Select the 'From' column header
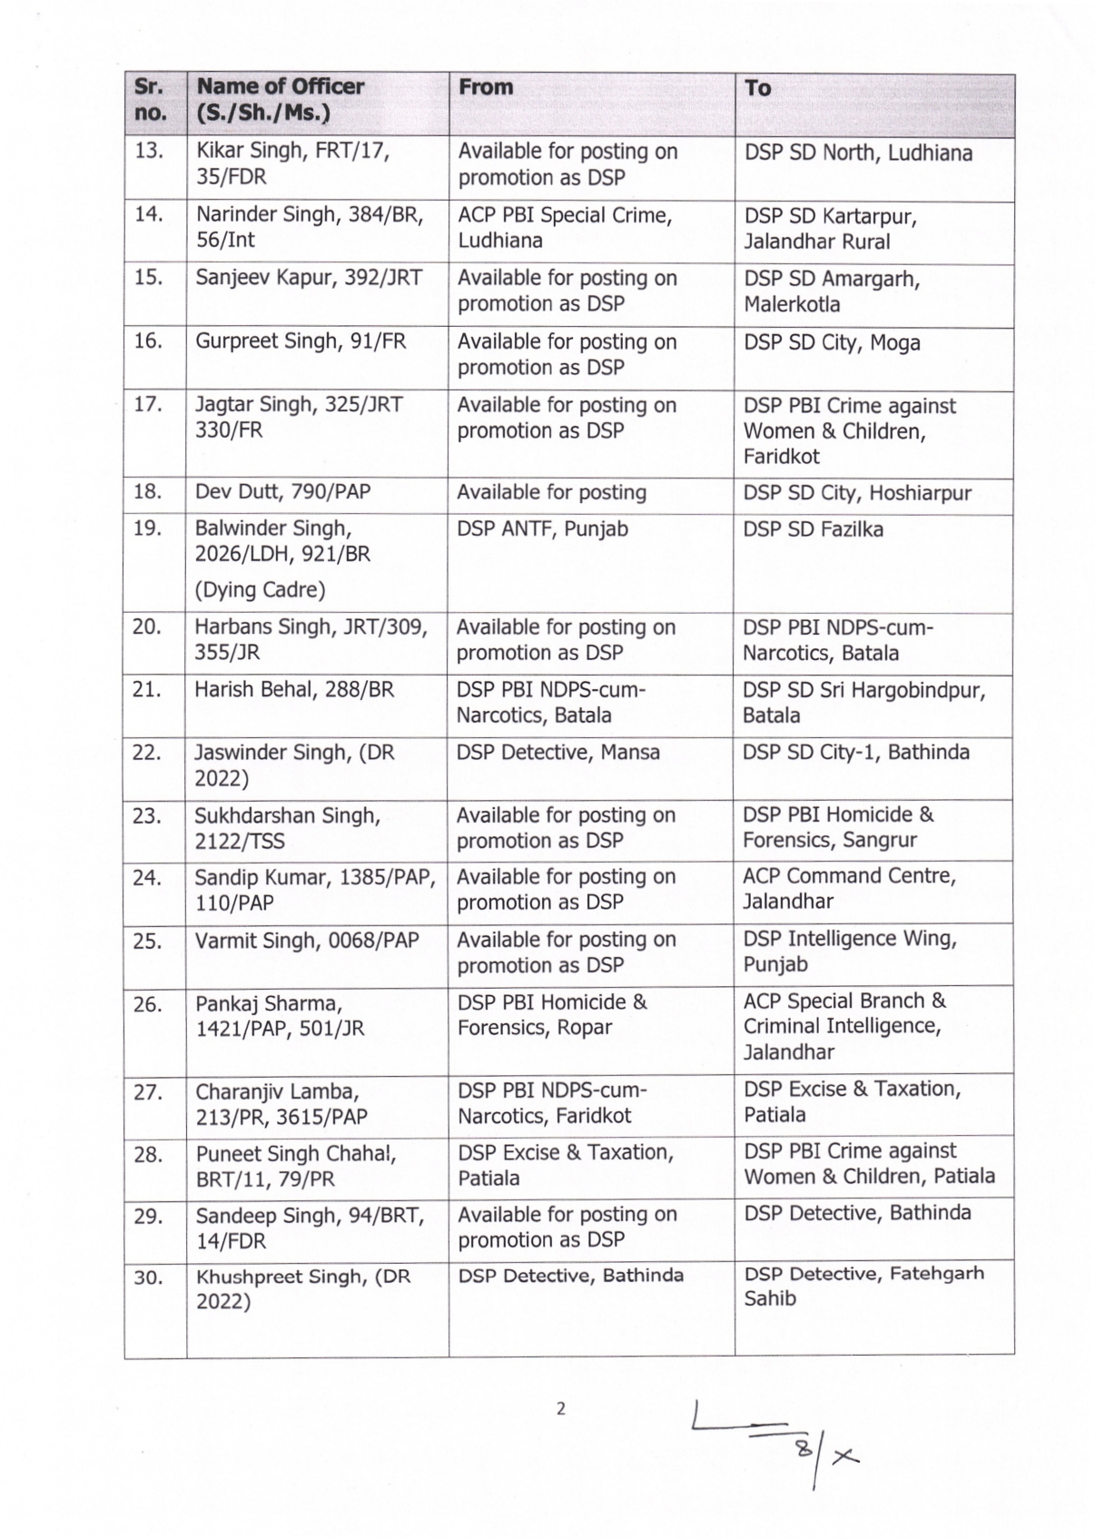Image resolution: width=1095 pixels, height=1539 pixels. [485, 87]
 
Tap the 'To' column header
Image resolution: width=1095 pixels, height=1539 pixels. [757, 88]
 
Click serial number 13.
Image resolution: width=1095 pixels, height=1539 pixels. [148, 151]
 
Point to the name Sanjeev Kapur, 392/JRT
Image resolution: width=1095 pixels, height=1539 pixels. [309, 278]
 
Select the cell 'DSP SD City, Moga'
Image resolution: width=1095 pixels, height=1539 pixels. [832, 342]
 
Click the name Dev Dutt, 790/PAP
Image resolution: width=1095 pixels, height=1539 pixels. [283, 492]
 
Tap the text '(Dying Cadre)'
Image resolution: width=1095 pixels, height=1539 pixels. [260, 590]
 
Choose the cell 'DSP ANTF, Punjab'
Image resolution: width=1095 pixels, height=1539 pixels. [542, 528]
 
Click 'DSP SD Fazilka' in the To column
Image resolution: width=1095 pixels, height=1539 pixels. [813, 529]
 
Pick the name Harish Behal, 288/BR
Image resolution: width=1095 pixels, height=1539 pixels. [294, 690]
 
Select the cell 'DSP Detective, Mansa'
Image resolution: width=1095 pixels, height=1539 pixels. [557, 753]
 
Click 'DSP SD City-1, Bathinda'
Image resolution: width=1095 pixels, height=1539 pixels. [855, 753]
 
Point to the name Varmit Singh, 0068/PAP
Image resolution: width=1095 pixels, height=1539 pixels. [307, 941]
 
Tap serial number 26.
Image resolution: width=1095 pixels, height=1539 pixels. [148, 1004]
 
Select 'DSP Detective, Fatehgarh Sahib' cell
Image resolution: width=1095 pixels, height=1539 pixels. [863, 1286]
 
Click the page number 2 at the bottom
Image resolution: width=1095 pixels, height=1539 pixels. [560, 1409]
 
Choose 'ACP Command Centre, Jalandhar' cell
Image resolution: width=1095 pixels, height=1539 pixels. [848, 889]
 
